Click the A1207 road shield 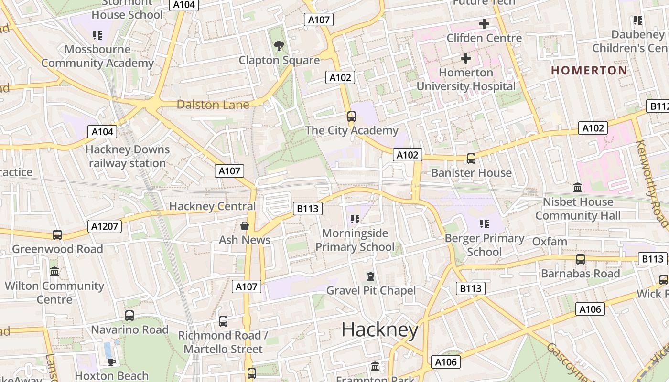(105, 226)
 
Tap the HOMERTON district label (589, 70)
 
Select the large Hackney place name (380, 329)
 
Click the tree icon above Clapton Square (279, 46)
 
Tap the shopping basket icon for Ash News (245, 225)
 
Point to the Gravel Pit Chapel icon (370, 276)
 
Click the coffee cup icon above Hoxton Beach (111, 362)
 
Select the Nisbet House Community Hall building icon (577, 187)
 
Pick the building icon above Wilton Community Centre (54, 271)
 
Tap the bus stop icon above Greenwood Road (57, 235)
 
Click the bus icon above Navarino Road (129, 316)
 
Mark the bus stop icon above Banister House (471, 159)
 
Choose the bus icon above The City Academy (352, 117)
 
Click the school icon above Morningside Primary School (355, 219)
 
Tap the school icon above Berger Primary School (484, 224)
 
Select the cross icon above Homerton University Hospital (465, 58)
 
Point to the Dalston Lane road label (213, 105)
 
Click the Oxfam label (550, 242)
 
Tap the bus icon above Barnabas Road (581, 259)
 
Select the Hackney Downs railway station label (128, 156)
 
